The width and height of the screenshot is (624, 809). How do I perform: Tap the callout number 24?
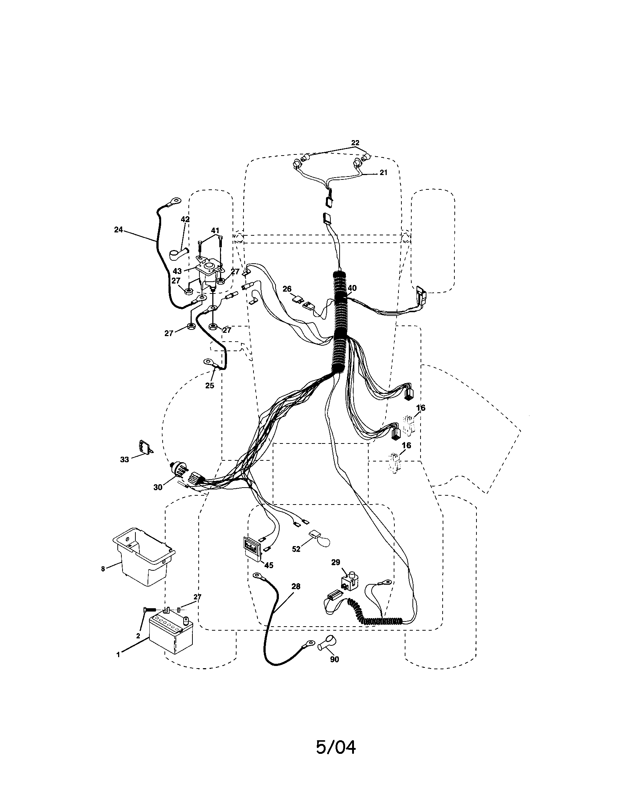coord(118,230)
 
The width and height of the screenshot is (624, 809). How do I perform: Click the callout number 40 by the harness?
coord(352,288)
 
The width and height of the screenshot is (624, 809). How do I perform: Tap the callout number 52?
coord(296,549)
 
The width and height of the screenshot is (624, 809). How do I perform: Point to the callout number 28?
coord(296,587)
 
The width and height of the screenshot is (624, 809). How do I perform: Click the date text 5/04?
coord(336,747)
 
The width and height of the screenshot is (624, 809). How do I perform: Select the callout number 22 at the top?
coord(355,143)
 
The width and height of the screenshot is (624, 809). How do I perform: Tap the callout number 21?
coord(383,172)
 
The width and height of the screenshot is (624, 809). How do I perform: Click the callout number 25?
coord(210,386)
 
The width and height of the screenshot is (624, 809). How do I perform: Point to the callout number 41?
coord(215,231)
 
